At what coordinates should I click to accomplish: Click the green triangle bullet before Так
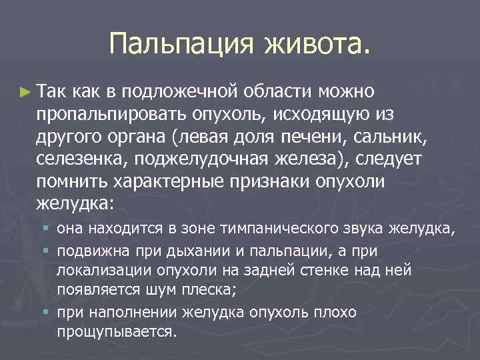point(25,90)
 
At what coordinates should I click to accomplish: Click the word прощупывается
point(117,331)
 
